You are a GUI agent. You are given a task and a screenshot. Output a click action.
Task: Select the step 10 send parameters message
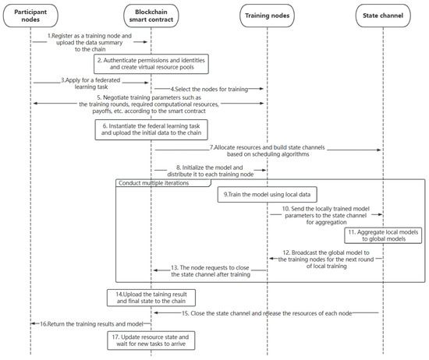click(x=326, y=214)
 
